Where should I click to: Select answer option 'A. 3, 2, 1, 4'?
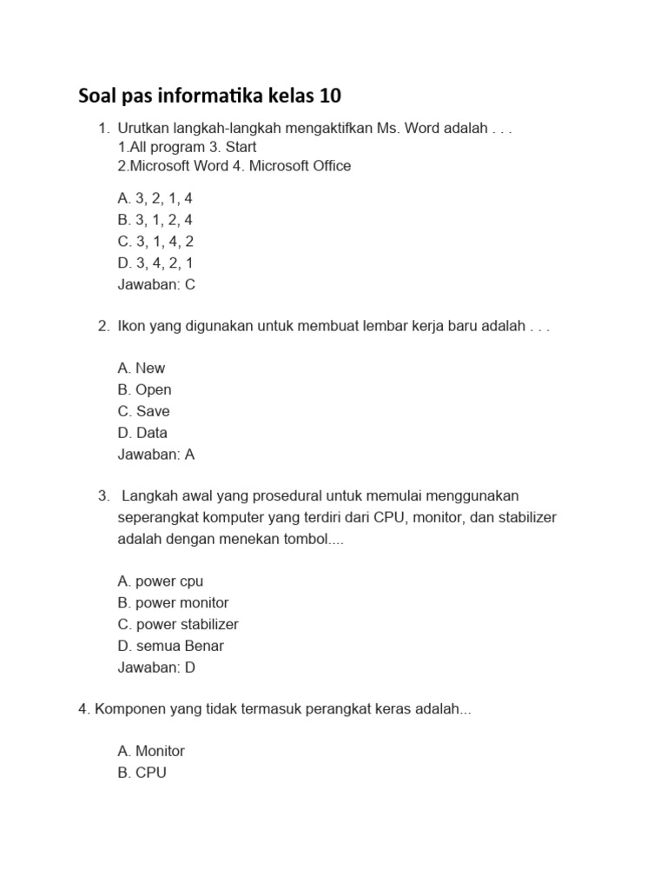point(155,199)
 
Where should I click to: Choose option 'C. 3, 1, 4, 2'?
point(155,242)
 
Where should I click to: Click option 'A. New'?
point(141,369)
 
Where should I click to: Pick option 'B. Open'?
point(144,389)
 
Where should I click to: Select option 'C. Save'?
point(143,411)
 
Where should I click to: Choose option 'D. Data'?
point(142,433)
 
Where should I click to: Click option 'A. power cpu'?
point(160,581)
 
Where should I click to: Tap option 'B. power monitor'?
point(173,602)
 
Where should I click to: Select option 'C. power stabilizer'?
point(177,624)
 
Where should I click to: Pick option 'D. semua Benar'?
point(170,646)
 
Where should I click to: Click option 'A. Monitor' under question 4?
point(151,751)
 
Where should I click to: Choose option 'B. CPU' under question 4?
point(142,773)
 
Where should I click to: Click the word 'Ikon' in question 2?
point(132,327)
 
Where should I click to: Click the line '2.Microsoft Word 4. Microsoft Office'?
point(234,166)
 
